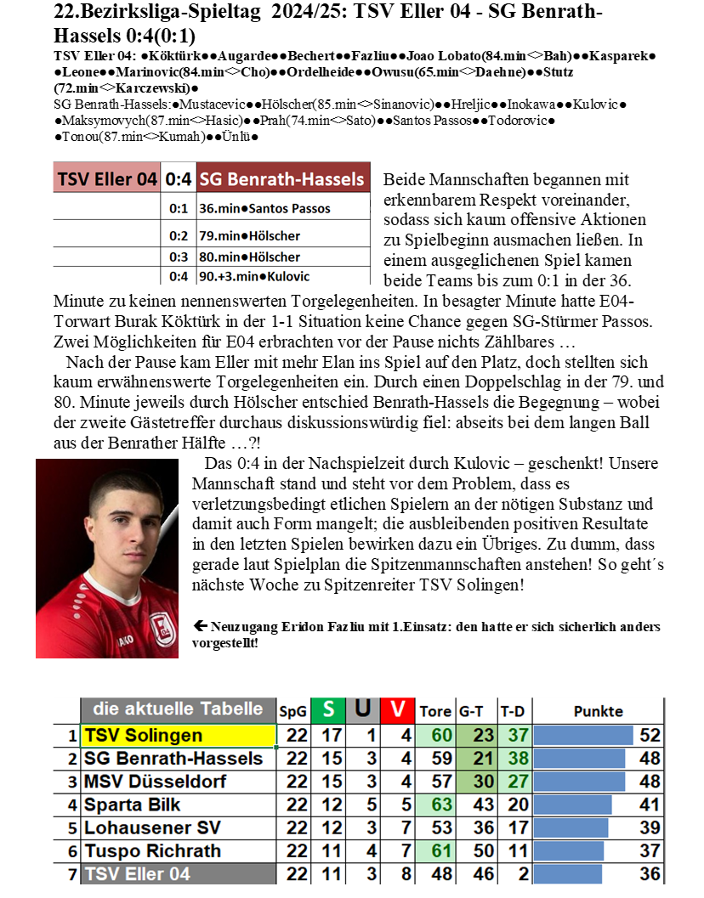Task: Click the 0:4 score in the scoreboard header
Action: click(x=179, y=179)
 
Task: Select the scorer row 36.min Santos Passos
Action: click(x=264, y=208)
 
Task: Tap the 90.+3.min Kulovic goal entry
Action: click(x=254, y=276)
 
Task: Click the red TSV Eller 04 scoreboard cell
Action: click(x=107, y=179)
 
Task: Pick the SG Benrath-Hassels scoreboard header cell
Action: click(x=283, y=179)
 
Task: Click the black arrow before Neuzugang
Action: click(x=202, y=626)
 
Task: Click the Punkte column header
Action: click(x=599, y=711)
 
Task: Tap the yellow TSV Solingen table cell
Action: click(x=179, y=736)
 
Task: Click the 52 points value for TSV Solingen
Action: click(x=650, y=736)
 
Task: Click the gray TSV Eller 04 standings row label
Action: click(x=179, y=873)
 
